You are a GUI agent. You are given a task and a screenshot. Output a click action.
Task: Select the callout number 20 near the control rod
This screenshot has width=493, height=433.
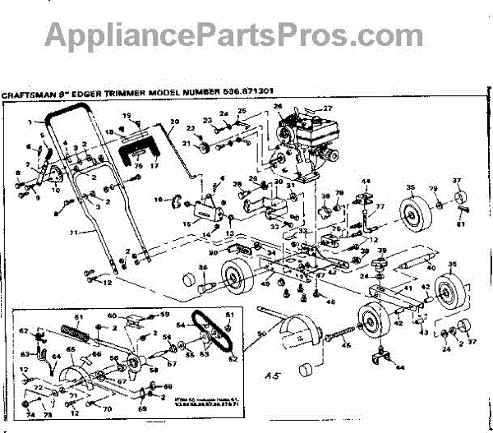coord(174,122)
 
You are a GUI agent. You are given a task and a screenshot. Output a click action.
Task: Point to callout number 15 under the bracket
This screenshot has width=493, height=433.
coord(186,223)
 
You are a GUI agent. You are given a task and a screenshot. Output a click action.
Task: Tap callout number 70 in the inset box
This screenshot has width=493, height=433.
coord(108,408)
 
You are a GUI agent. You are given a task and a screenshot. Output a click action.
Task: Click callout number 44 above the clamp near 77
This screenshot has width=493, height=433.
coord(366,181)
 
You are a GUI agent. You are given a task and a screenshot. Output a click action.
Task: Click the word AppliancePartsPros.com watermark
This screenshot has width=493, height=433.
coord(222,35)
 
